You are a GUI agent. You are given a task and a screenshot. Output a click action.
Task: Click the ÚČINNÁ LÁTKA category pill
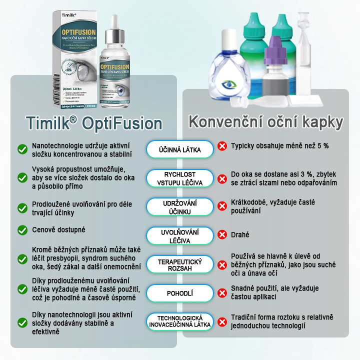coord(180,148)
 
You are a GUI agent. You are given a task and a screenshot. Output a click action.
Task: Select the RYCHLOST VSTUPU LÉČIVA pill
coord(180,178)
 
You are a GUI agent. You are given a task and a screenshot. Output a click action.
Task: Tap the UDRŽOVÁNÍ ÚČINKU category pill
coord(180,207)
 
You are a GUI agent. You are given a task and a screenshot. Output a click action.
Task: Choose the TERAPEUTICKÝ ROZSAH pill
coord(180,265)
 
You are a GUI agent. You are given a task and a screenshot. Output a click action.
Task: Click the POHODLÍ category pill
coord(180,293)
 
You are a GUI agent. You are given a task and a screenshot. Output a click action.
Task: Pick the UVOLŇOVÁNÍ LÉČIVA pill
coord(180,236)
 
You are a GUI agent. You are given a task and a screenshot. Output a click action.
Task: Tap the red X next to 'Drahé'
coord(222,234)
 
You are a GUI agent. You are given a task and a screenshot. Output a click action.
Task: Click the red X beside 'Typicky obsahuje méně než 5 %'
coord(222,146)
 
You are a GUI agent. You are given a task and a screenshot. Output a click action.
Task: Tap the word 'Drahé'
coord(240,234)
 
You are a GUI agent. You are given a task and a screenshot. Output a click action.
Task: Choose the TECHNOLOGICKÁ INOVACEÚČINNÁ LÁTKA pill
coord(180,322)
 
